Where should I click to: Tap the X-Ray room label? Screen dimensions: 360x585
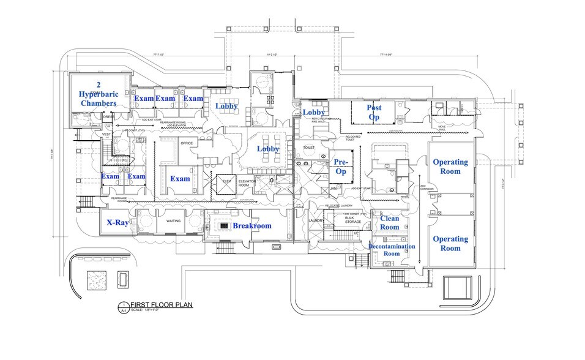tap(117, 223)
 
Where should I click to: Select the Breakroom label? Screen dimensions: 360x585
tap(252, 226)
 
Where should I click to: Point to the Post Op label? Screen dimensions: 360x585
tap(374, 112)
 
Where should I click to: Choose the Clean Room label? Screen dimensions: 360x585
tap(390, 223)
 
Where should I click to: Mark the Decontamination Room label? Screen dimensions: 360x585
tap(392, 250)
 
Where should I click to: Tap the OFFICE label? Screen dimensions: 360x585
tap(186, 143)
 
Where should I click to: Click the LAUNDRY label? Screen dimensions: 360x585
tap(316, 220)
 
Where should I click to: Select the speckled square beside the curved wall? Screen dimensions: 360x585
tap(97, 280)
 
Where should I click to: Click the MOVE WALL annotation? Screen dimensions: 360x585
tap(442, 129)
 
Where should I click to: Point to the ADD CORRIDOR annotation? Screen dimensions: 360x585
tap(427, 188)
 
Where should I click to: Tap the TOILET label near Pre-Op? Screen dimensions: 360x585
tap(308, 148)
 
